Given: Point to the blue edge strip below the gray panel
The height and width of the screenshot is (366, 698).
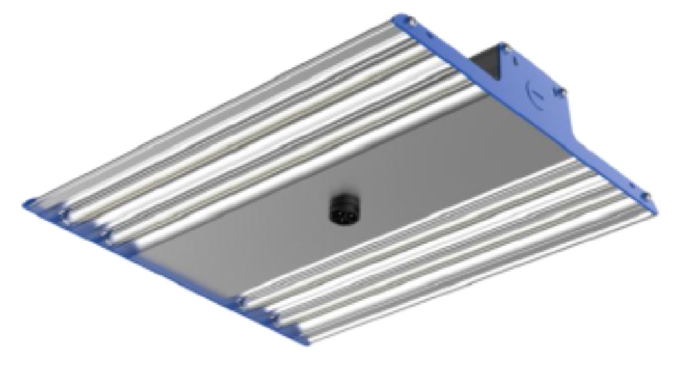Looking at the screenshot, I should click(187, 285).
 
